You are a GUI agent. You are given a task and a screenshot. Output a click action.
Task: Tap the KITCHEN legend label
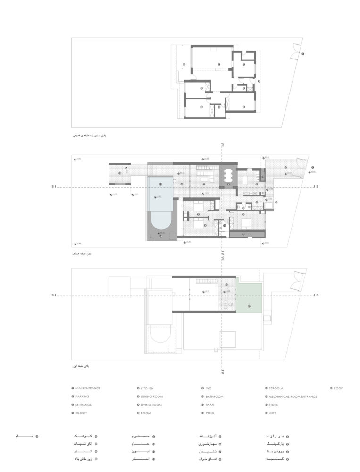click(x=147, y=388)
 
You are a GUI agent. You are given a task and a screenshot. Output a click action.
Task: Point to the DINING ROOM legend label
click(x=151, y=396)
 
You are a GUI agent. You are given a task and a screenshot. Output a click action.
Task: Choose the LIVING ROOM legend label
click(x=151, y=405)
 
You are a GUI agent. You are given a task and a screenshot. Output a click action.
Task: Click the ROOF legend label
click(x=338, y=388)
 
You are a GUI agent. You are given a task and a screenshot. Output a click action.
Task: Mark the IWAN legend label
click(x=209, y=405)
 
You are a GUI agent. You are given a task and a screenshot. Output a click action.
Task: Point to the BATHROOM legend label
click(x=214, y=396)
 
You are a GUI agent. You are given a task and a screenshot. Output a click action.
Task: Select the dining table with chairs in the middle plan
click(x=229, y=175)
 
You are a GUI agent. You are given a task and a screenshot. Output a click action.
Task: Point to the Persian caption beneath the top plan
click(x=90, y=135)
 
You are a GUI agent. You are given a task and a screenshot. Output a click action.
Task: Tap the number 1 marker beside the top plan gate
click(x=303, y=54)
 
